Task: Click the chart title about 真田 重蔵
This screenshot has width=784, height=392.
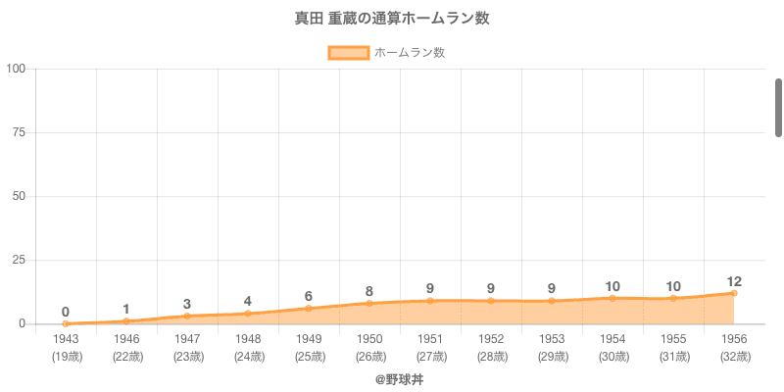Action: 392,18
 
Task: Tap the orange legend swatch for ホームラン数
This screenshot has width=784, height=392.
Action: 349,53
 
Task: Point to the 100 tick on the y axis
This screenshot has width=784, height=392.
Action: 17,69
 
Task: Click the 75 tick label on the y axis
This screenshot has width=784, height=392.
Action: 20,132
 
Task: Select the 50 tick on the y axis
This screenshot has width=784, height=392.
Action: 20,196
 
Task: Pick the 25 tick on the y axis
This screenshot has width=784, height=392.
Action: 20,260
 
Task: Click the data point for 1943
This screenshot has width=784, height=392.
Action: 66,323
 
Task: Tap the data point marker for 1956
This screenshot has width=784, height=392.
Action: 734,293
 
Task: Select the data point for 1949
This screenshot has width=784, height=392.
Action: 309,309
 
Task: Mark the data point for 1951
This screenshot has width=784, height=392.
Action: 430,301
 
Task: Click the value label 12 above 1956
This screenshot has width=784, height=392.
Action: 734,281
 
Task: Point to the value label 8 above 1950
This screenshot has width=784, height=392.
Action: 369,291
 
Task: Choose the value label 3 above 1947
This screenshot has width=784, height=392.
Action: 187,304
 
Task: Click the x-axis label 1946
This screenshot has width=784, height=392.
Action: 126,339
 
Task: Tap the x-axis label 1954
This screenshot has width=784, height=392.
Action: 612,339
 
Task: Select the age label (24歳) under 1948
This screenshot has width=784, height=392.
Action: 248,356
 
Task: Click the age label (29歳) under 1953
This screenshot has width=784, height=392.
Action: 552,356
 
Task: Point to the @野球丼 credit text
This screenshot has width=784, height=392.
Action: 399,377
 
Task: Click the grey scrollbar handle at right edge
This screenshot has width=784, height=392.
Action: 778,108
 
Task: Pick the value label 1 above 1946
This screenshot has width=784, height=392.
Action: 126,309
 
